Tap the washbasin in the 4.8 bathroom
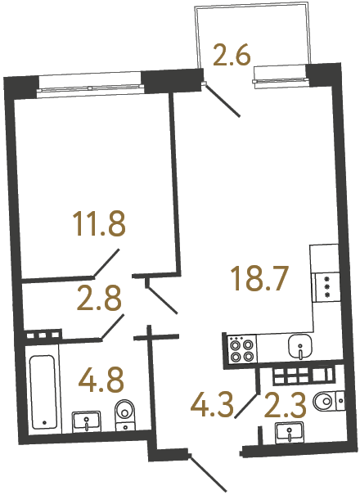pyautogui.click(x=88, y=421)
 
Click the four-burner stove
pyautogui.click(x=241, y=349)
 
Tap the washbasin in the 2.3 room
pyautogui.click(x=290, y=432)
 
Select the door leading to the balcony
pyautogui.click(x=222, y=99)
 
